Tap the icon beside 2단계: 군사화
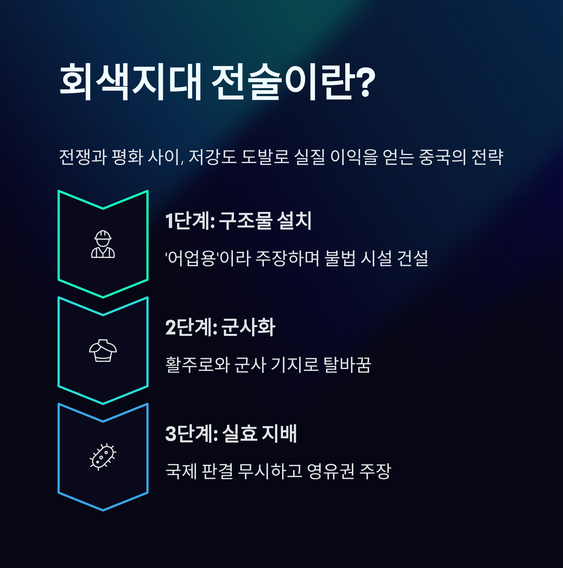(103, 350)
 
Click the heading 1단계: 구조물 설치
(238, 220)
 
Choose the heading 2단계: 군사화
(220, 327)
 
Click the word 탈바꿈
(347, 364)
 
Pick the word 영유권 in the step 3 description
(330, 471)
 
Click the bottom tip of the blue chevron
(103, 510)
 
